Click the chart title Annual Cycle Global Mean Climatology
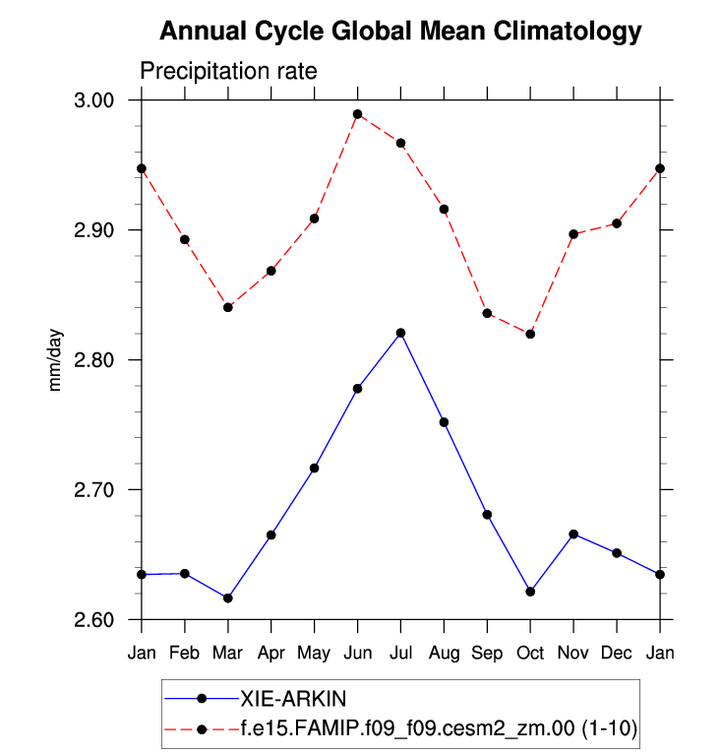(x=399, y=31)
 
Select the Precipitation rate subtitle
(x=227, y=72)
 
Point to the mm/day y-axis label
(x=56, y=360)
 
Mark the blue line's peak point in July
(x=400, y=333)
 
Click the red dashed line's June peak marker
(x=358, y=114)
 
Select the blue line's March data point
(x=228, y=598)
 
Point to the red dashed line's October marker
(x=530, y=334)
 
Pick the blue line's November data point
(x=573, y=534)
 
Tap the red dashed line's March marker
(x=228, y=307)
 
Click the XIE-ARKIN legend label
(x=285, y=698)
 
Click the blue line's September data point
(x=487, y=515)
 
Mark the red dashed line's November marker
(x=573, y=234)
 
